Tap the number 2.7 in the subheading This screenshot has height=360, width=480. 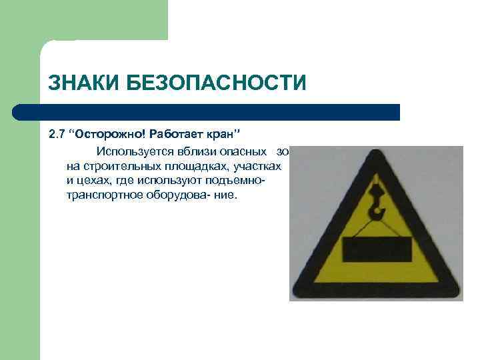point(57,133)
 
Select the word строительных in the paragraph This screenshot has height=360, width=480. point(115,165)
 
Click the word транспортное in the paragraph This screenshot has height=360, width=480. point(102,197)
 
